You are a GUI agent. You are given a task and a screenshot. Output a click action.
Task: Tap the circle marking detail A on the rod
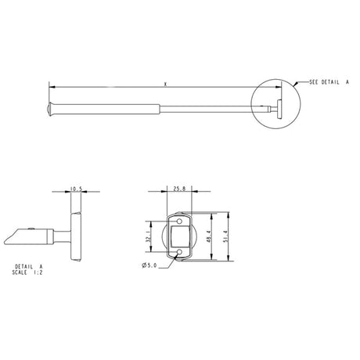click(275, 99)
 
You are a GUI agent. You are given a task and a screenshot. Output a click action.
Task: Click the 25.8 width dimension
click(178, 189)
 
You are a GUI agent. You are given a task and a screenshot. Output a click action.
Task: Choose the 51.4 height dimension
click(228, 236)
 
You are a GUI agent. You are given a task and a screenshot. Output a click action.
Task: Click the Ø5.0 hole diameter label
click(151, 265)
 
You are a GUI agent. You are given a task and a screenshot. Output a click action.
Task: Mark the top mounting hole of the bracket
click(178, 218)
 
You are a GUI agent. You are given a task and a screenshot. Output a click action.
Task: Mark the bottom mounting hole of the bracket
click(178, 252)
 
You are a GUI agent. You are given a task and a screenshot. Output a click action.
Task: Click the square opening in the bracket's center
click(178, 236)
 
